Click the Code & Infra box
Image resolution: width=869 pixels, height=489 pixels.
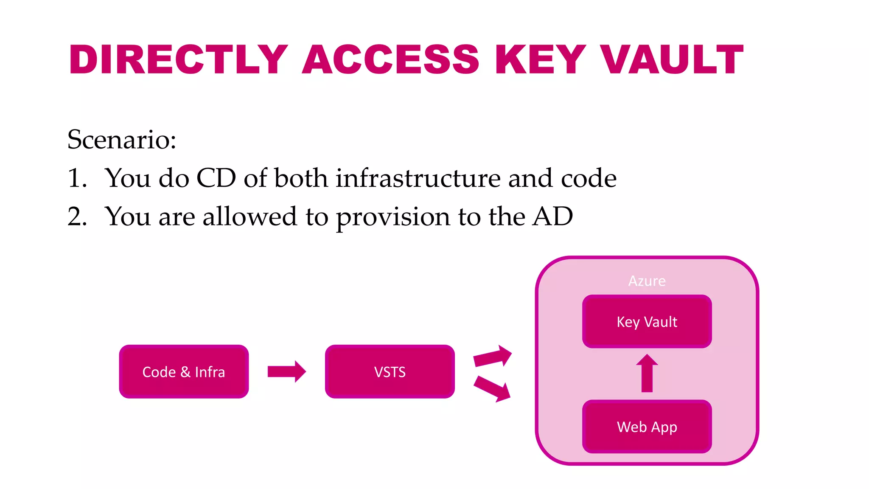[184, 371]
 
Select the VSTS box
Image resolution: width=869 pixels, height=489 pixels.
[390, 371]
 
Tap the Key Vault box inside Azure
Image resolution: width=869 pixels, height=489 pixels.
[647, 321]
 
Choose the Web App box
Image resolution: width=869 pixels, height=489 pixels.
[647, 426]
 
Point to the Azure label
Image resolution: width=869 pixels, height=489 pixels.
[647, 281]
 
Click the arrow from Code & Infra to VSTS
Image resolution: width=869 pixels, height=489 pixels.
[286, 371]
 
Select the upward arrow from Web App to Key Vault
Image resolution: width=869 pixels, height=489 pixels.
[647, 373]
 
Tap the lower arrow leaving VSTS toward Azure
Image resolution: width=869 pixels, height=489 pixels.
[492, 388]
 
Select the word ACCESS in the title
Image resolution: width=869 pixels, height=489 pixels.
[390, 59]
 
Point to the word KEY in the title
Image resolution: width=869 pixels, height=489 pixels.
[541, 59]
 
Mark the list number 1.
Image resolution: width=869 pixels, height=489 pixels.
[77, 178]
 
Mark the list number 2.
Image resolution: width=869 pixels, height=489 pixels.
[77, 216]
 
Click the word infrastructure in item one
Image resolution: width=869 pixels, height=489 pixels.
[418, 178]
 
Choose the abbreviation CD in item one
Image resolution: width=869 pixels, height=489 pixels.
[216, 178]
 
